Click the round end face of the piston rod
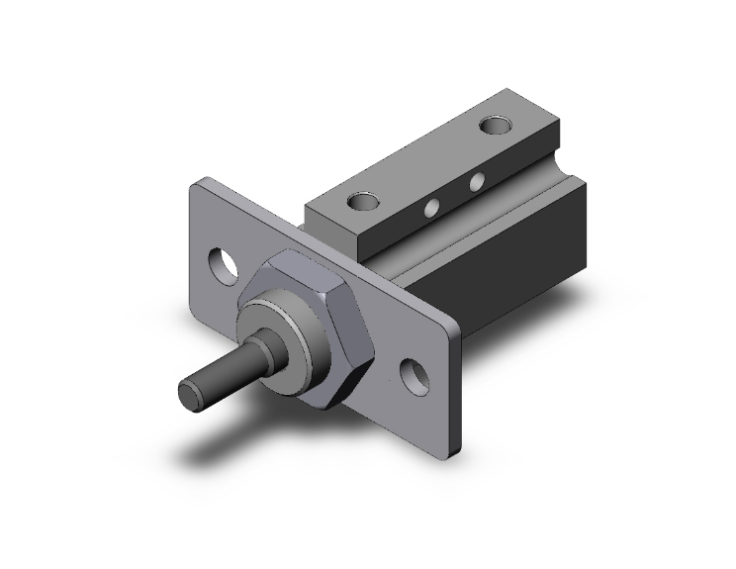click(x=192, y=393)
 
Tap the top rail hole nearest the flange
click(x=363, y=202)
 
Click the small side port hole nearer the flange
click(x=432, y=208)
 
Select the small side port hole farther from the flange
click(x=477, y=182)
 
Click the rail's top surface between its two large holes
click(x=430, y=163)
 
